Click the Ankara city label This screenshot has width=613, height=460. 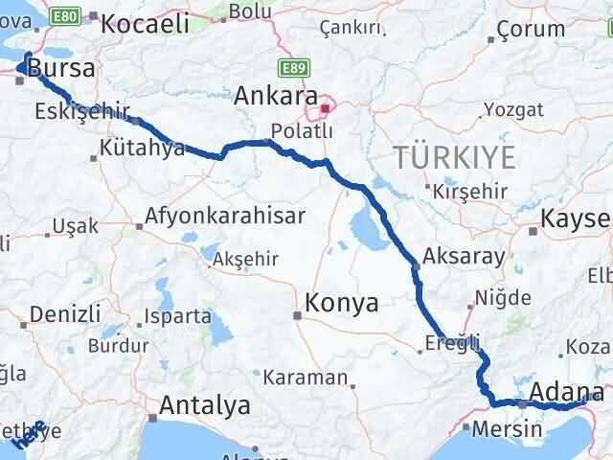pyautogui.click(x=279, y=97)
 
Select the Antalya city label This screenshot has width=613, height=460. pyautogui.click(x=205, y=405)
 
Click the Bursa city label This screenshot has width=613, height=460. pyautogui.click(x=61, y=68)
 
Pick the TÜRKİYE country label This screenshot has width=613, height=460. pyautogui.click(x=456, y=156)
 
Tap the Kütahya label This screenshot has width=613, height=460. pyautogui.click(x=142, y=149)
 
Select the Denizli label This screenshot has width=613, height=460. pyautogui.click(x=65, y=313)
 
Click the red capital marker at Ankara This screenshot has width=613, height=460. pyautogui.click(x=325, y=108)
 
